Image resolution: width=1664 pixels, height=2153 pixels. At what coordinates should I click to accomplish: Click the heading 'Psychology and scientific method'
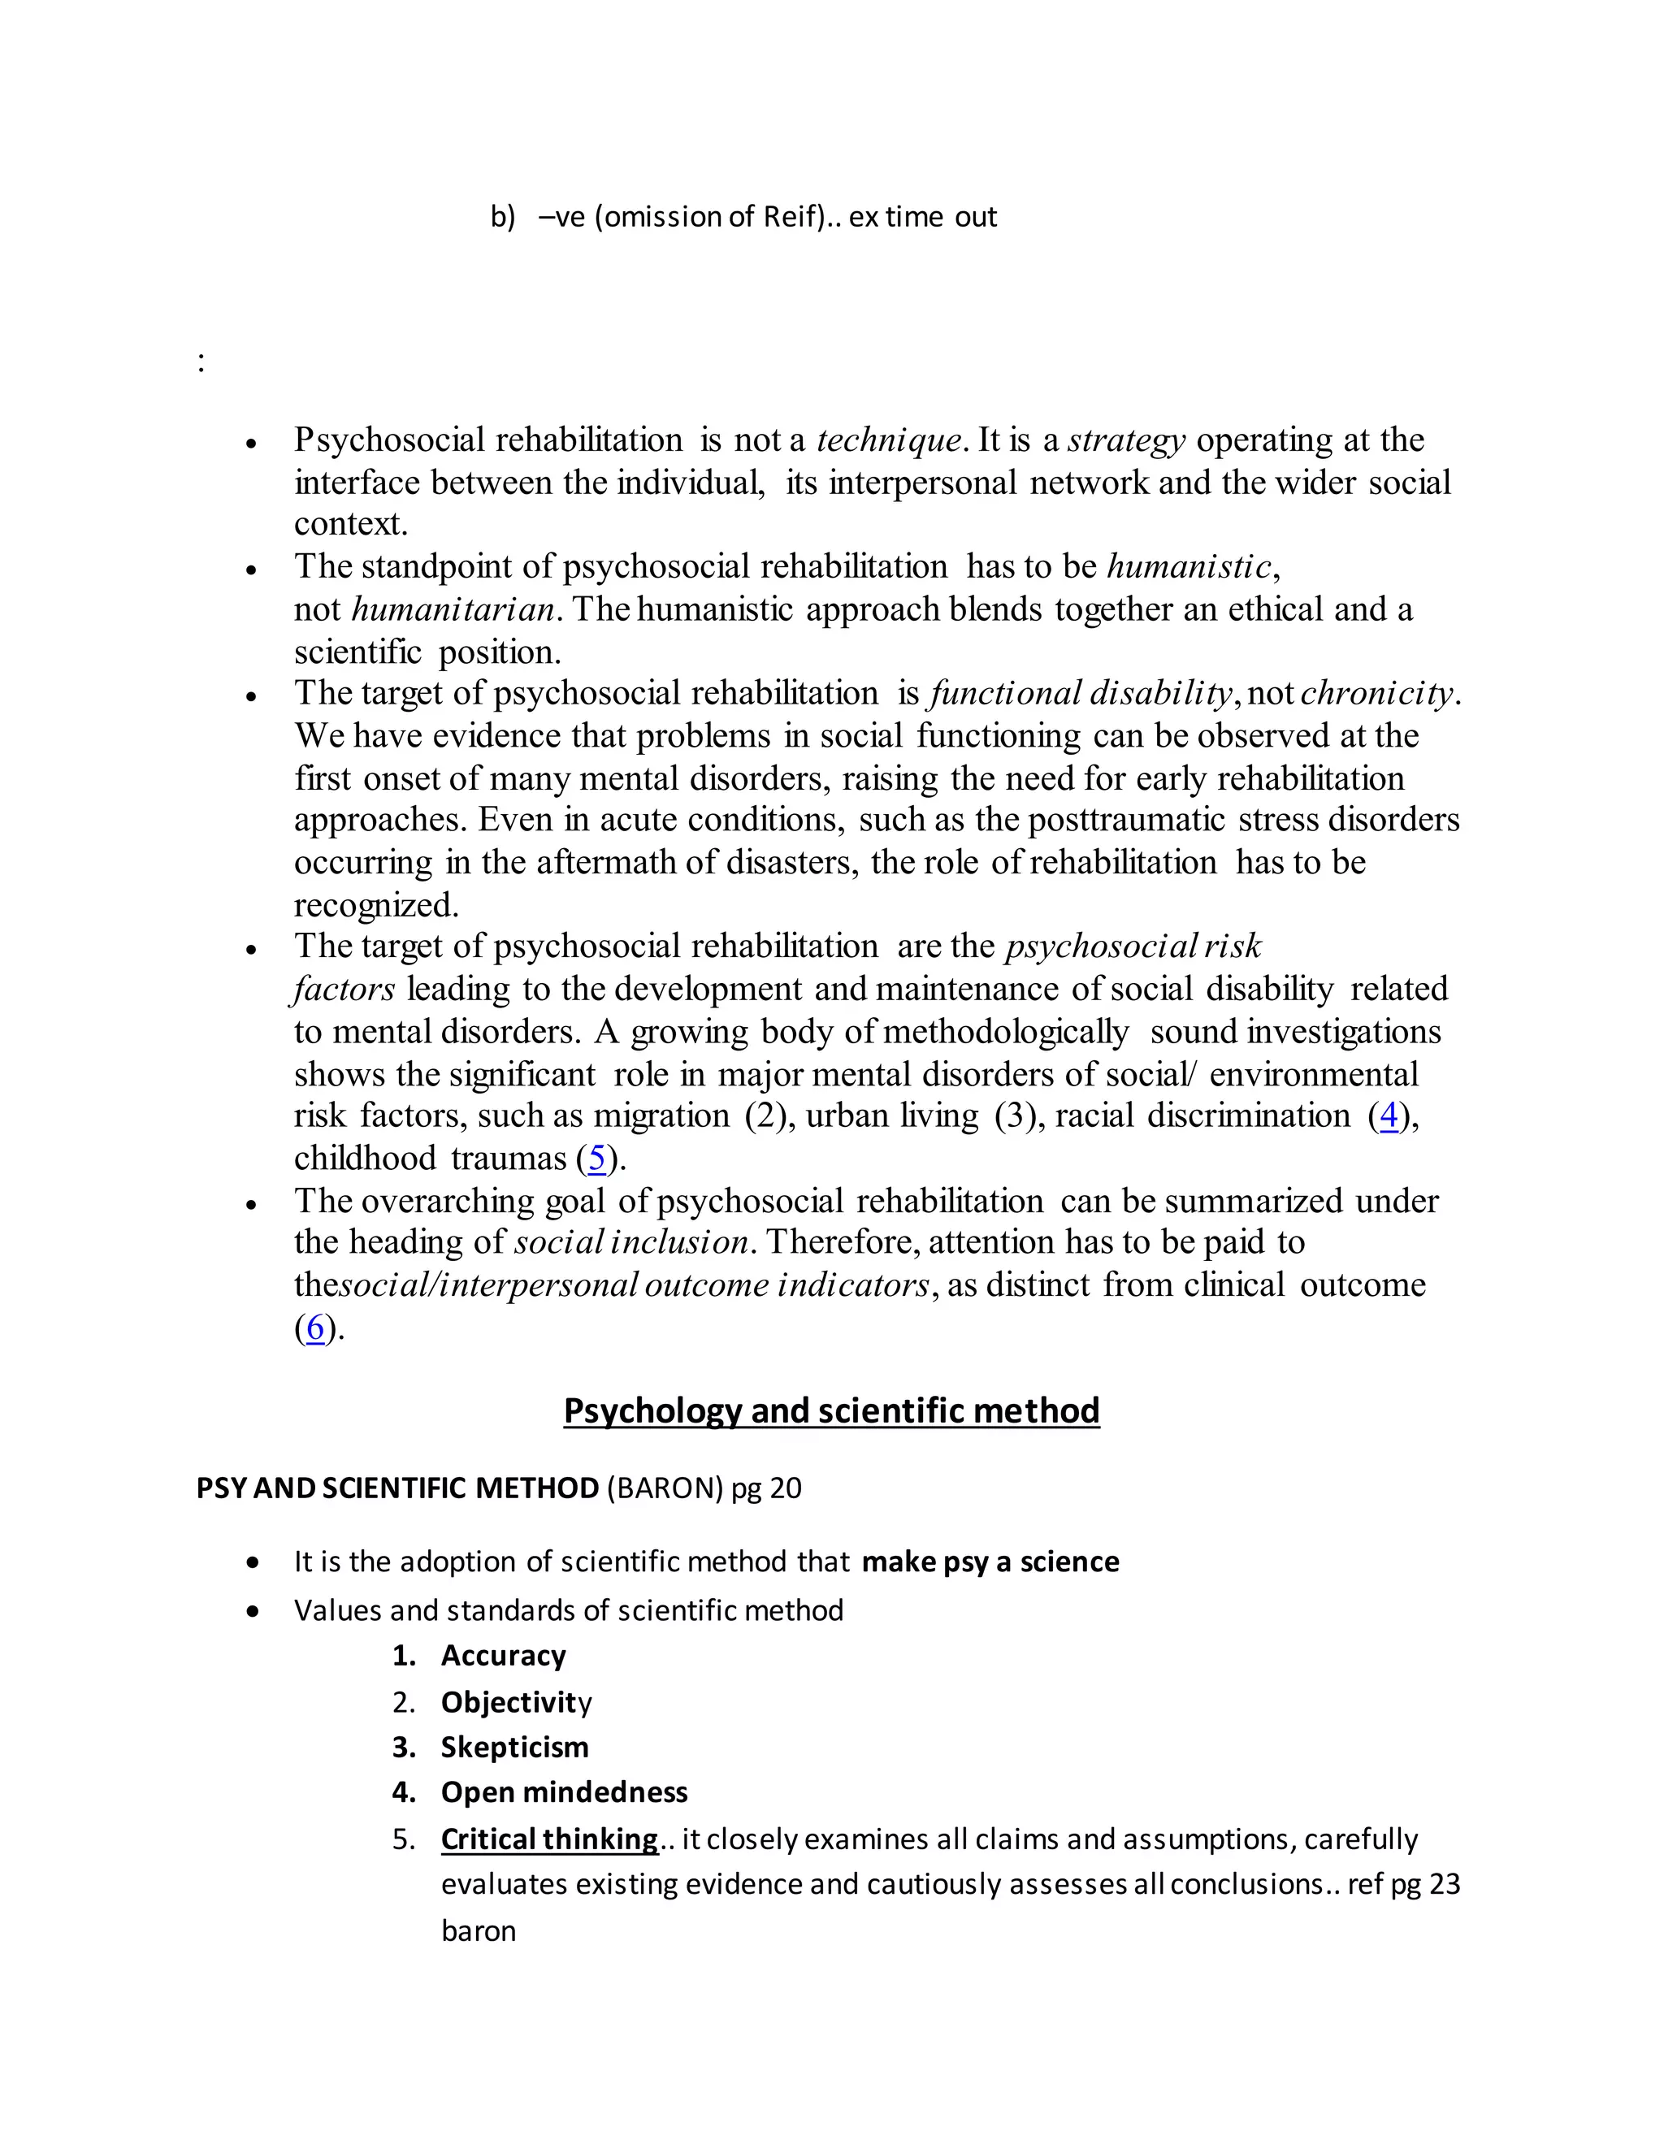(831, 1410)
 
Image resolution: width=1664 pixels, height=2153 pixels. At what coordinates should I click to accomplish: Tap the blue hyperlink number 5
(596, 1159)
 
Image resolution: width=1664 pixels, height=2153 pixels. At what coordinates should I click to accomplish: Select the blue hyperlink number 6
(314, 1328)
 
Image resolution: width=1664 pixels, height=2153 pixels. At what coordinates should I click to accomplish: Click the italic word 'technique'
(888, 440)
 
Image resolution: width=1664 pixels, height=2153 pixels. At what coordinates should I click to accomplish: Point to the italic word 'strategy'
(1126, 440)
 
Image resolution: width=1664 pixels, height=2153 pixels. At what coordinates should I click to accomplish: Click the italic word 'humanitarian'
(453, 609)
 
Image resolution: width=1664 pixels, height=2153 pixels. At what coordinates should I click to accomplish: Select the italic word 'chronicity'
(1376, 693)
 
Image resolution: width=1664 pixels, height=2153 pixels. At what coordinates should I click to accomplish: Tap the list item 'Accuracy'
(503, 1655)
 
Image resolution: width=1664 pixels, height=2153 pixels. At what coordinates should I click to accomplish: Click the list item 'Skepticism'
(513, 1747)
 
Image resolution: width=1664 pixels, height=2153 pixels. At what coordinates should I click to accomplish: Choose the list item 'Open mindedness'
(564, 1792)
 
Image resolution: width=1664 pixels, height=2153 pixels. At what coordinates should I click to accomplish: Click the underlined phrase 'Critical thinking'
(549, 1839)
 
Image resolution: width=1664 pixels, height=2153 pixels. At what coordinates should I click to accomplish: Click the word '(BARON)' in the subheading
(665, 1488)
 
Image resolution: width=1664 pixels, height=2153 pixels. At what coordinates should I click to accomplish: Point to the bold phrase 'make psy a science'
(990, 1562)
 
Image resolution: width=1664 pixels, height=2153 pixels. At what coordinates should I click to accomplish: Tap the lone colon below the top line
(201, 363)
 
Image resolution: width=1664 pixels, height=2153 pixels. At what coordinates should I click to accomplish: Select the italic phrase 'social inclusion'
(630, 1242)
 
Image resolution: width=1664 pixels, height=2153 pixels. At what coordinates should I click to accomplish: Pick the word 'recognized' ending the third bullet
(374, 905)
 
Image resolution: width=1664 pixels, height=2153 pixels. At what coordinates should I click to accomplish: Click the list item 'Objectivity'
(516, 1701)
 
